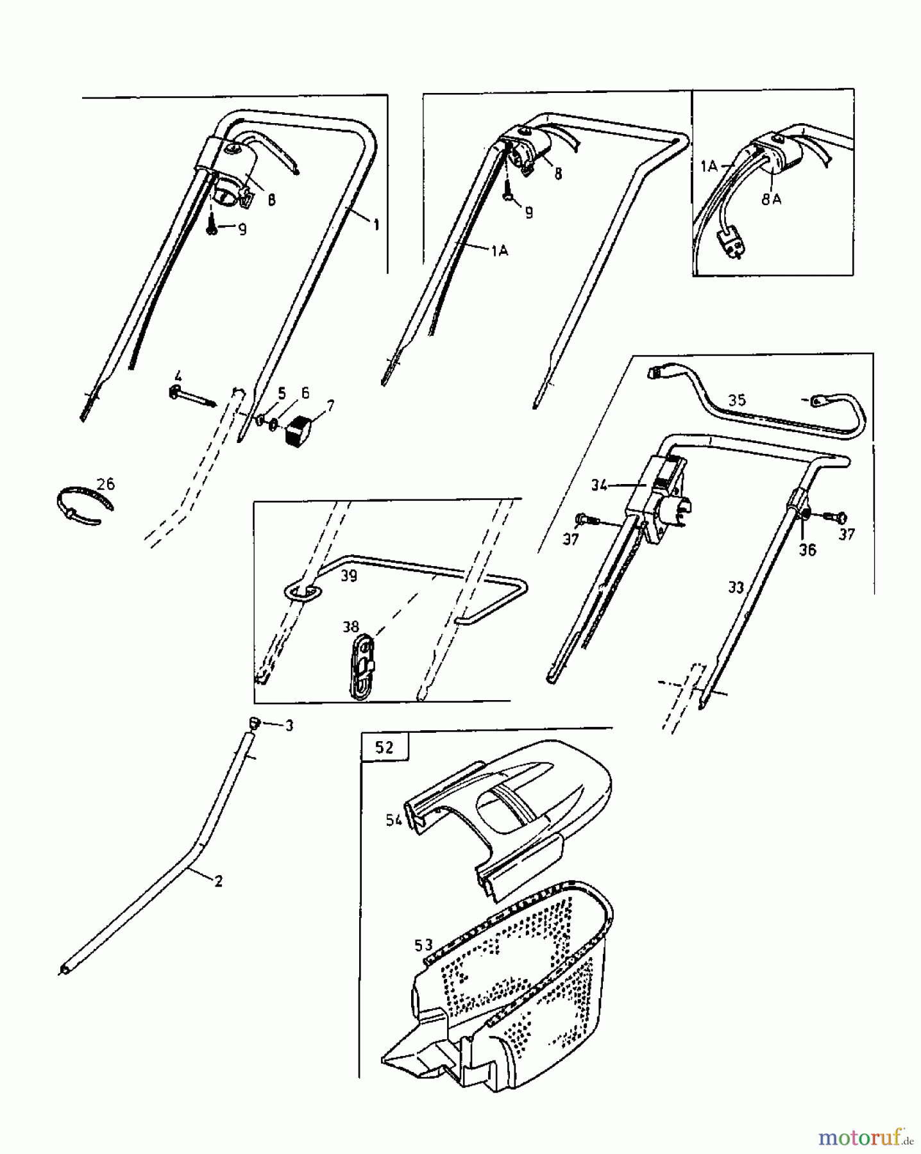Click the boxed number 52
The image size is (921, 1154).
[x=384, y=747]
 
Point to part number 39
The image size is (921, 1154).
[x=348, y=576]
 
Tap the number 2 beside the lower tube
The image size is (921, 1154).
[x=219, y=882]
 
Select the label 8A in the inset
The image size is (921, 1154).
[x=772, y=199]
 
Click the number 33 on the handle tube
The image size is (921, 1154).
[x=736, y=587]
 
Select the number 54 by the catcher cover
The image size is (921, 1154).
[x=394, y=819]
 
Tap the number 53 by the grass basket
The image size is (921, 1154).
[x=424, y=945]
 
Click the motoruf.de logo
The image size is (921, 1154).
[x=865, y=1137]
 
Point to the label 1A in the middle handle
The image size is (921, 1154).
[x=500, y=251]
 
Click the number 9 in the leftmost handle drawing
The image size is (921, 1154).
[x=242, y=230]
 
